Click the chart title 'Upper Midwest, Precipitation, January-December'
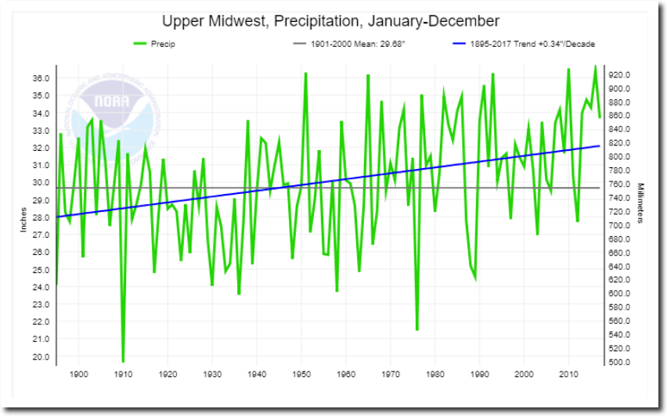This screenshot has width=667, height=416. (330, 21)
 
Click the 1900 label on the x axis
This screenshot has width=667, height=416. (78, 375)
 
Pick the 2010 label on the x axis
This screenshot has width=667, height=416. (568, 375)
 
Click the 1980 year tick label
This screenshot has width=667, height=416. (434, 375)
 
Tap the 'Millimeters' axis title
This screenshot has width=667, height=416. (640, 203)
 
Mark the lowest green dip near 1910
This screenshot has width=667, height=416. (123, 361)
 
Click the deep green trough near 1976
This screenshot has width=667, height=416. (417, 329)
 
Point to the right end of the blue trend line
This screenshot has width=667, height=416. (600, 145)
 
